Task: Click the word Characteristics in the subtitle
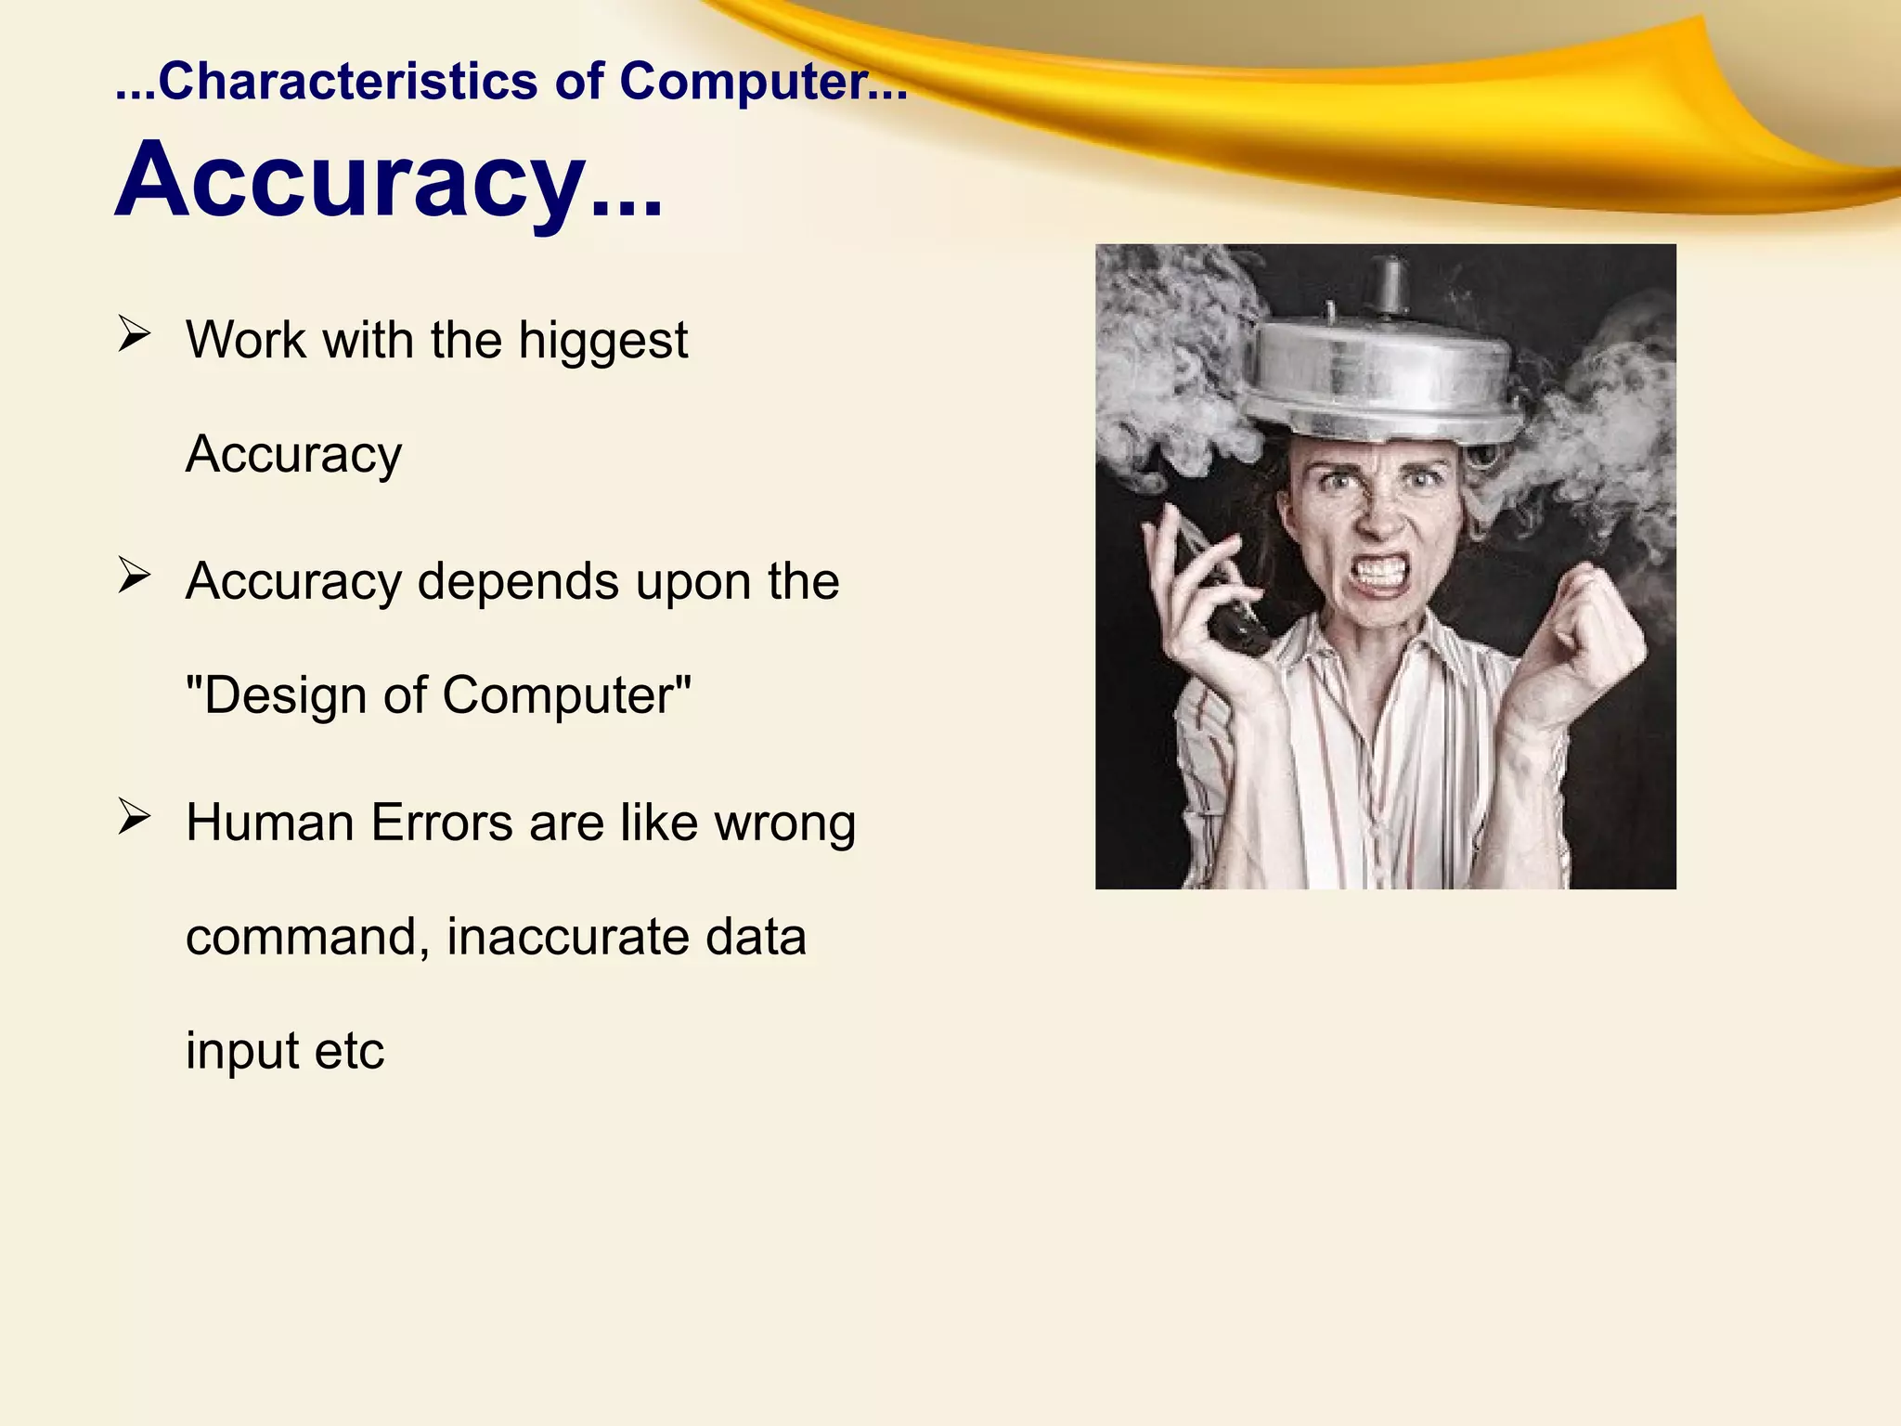347,82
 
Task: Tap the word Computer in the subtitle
743,82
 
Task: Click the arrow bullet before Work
135,334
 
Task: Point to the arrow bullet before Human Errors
135,817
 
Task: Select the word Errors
441,823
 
